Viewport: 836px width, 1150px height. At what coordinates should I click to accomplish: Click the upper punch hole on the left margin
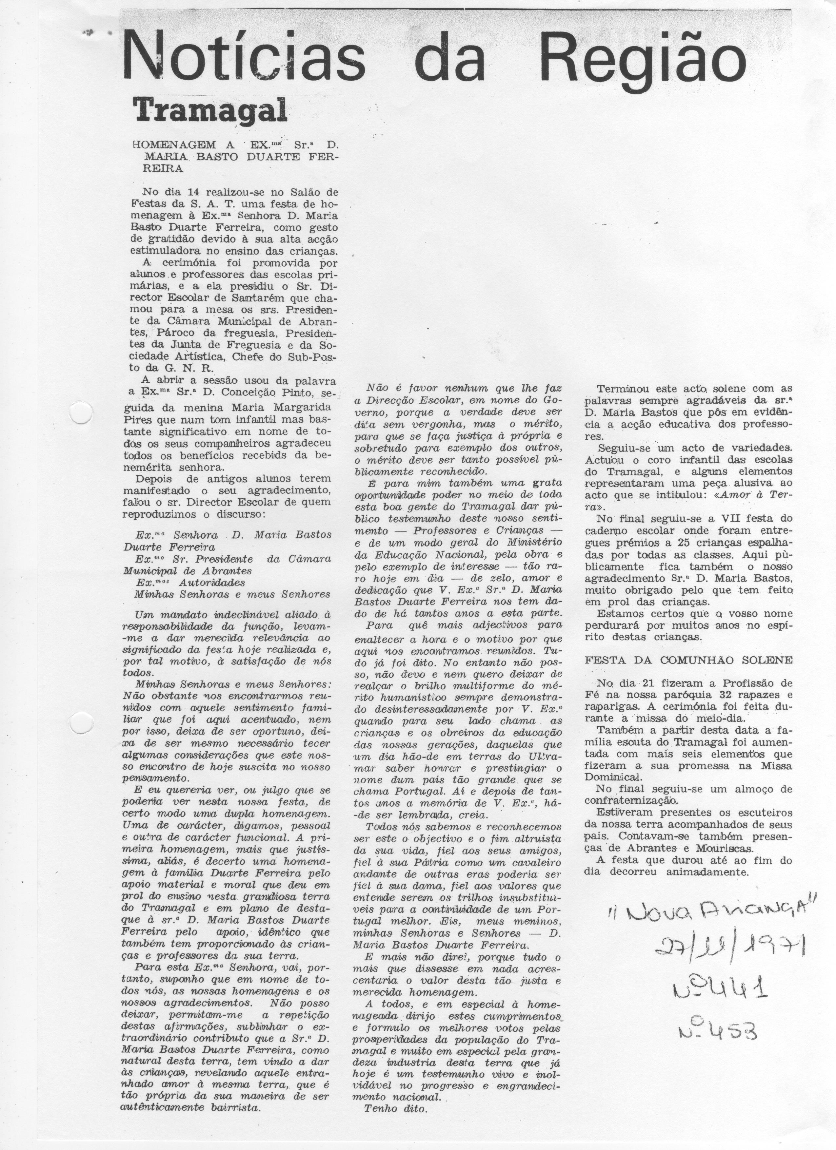click(80, 417)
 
